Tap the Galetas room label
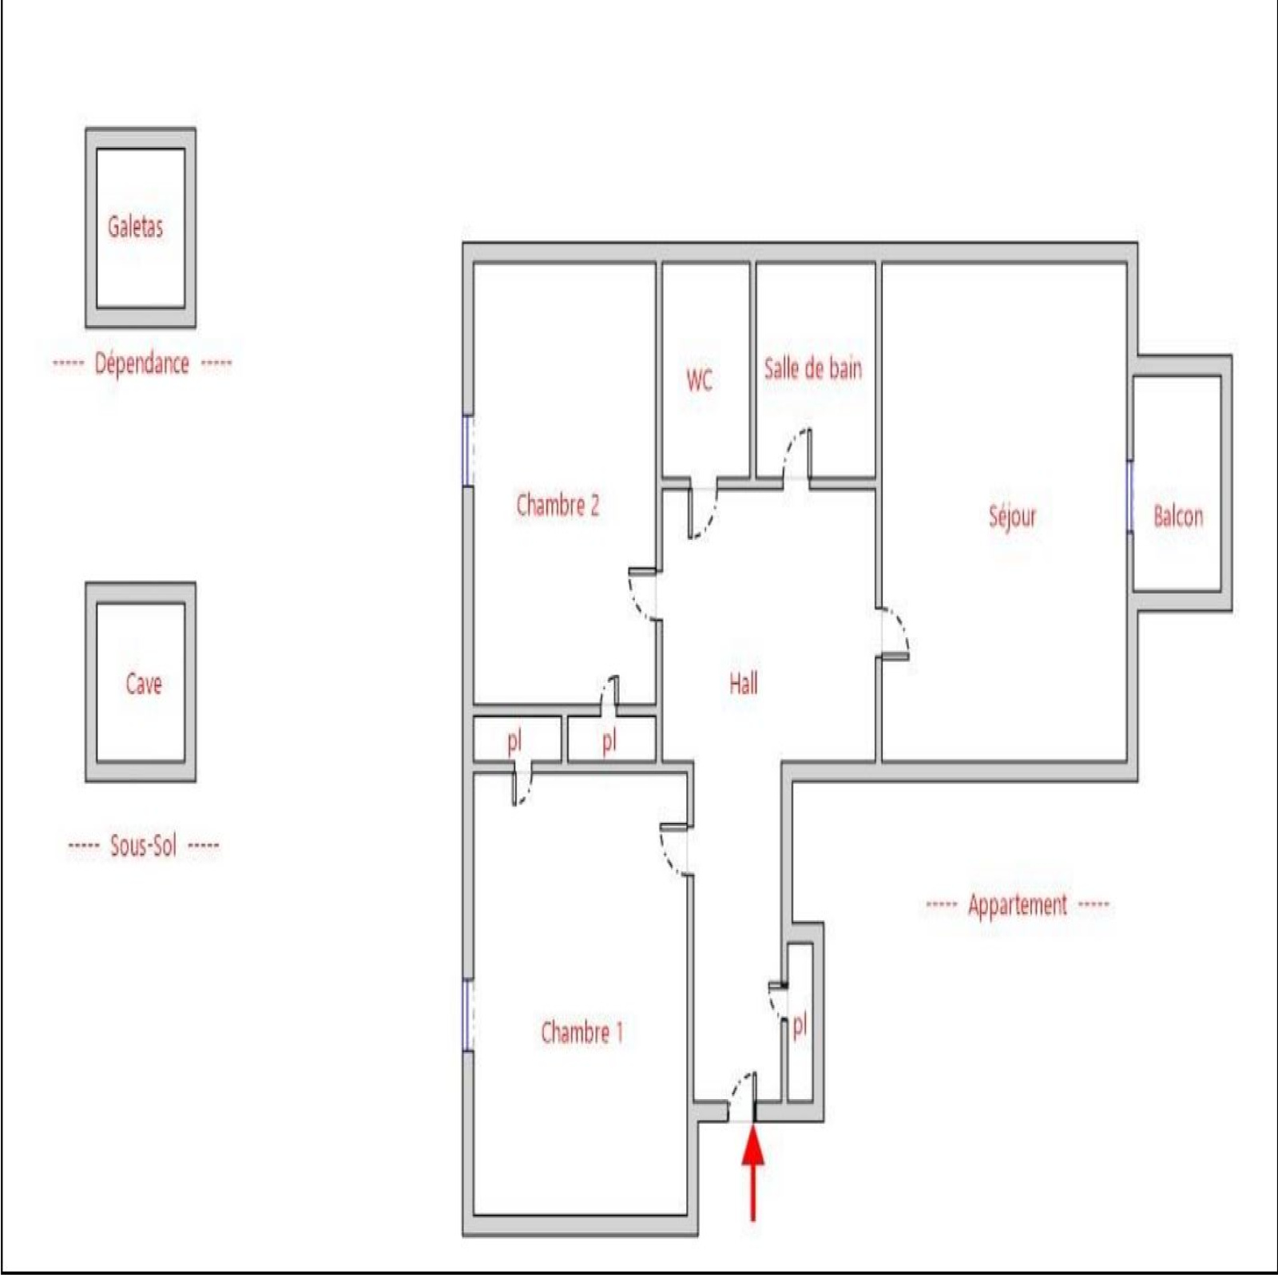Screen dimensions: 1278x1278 [x=136, y=227]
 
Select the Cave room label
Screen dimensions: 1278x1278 [x=144, y=684]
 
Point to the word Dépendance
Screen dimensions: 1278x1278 [x=142, y=364]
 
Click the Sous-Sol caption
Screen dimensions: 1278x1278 [x=143, y=845]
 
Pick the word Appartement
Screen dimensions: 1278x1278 [x=1018, y=906]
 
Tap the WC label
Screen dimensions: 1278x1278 [x=700, y=380]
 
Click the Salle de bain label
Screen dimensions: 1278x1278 [x=813, y=368]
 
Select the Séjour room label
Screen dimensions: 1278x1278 [x=1013, y=517]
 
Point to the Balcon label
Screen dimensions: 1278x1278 [x=1178, y=517]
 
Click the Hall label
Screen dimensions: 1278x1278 [x=744, y=683]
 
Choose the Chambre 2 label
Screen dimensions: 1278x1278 [x=558, y=505]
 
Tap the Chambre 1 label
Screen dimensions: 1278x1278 [x=581, y=1032]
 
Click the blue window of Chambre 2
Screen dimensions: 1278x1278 [x=467, y=450]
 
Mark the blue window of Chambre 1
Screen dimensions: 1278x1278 [x=467, y=1014]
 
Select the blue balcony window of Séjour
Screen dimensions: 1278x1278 [x=1130, y=496]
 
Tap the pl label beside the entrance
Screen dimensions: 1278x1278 [x=800, y=1026]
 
